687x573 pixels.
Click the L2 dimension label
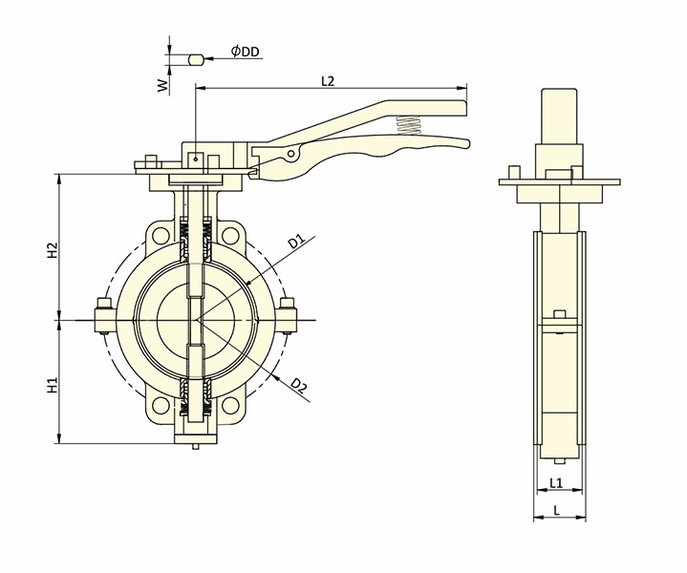click(x=327, y=81)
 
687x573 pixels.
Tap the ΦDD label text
click(x=246, y=52)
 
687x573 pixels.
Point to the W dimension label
click(x=163, y=85)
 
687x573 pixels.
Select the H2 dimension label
click(x=54, y=250)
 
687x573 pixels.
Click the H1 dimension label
click(x=54, y=386)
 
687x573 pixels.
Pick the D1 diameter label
click(x=296, y=242)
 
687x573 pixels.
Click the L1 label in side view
click(x=557, y=483)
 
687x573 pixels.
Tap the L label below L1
click(x=557, y=512)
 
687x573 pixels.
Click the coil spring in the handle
click(x=409, y=125)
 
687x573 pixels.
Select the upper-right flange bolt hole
click(x=229, y=235)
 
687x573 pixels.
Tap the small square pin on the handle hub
click(x=194, y=159)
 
